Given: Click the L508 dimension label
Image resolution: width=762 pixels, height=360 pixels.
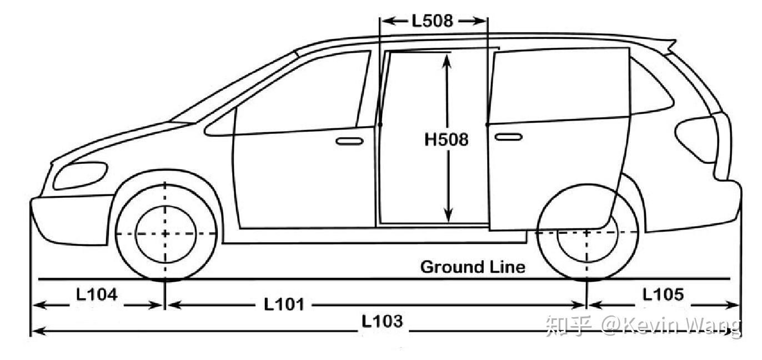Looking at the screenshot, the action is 432,21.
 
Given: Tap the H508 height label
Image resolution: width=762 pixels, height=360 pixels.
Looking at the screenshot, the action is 447,139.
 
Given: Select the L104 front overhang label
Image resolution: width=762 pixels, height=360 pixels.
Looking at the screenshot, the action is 97,294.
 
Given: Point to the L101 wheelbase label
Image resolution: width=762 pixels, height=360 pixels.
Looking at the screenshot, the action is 284,304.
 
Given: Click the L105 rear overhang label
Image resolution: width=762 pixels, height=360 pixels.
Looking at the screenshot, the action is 663,294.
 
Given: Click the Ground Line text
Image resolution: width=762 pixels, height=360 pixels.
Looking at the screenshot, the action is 473,267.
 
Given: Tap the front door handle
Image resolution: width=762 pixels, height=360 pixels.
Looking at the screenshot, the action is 349,141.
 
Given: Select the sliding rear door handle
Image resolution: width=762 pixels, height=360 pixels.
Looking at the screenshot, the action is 508,137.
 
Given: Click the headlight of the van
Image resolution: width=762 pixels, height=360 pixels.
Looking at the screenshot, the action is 80,175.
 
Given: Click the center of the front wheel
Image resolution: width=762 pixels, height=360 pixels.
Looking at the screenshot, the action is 165,233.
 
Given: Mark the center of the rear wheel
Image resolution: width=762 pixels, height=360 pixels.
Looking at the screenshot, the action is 587,233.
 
